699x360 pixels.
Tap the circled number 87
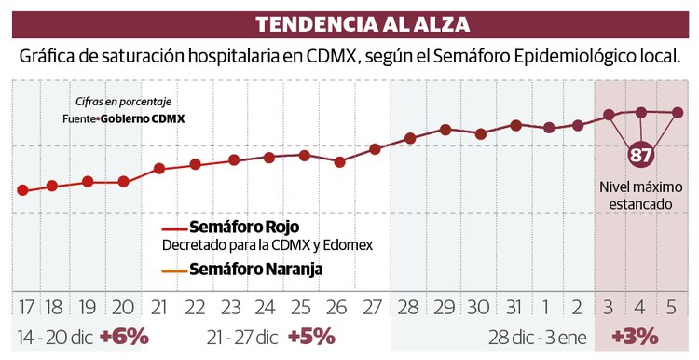click(x=640, y=155)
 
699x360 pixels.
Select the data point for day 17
click(x=22, y=190)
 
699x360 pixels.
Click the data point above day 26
click(x=339, y=161)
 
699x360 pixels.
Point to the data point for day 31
click(x=515, y=124)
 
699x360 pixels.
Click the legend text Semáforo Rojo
click(x=244, y=227)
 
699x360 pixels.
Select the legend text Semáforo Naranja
click(x=256, y=270)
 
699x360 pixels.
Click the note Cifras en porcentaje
click(x=125, y=102)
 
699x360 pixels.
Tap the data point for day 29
click(x=445, y=130)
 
